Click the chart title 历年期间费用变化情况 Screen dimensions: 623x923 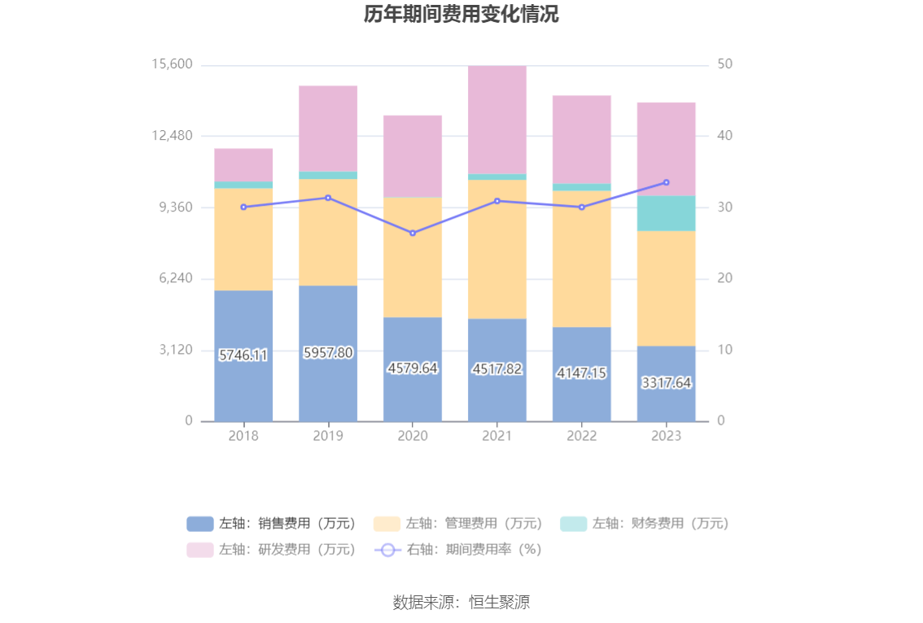(x=461, y=15)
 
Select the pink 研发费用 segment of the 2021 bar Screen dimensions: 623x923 (x=496, y=120)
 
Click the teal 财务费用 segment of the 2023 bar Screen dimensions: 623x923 (x=666, y=213)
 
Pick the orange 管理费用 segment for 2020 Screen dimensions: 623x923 (x=413, y=257)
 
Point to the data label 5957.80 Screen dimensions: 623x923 (x=328, y=353)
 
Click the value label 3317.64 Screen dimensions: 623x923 (x=666, y=382)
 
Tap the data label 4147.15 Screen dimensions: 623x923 (x=581, y=372)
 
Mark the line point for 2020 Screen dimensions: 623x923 (x=413, y=233)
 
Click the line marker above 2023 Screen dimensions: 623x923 (x=666, y=182)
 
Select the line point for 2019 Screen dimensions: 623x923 (x=328, y=198)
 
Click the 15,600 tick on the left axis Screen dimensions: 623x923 (x=172, y=64)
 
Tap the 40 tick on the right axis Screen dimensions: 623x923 (x=724, y=136)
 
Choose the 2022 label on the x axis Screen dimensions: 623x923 (x=581, y=436)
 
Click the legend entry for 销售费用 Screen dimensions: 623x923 (x=271, y=524)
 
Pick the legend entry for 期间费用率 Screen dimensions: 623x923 (x=458, y=550)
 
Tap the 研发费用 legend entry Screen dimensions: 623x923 (x=271, y=550)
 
